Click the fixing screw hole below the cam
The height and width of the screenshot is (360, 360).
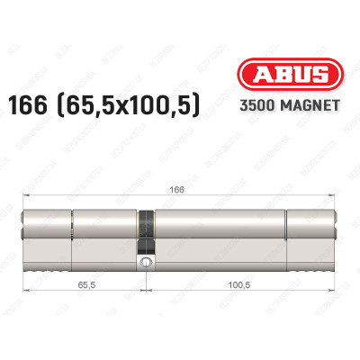point(144,263)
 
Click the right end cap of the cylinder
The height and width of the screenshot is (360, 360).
point(311,231)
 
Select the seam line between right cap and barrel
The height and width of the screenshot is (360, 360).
point(287,231)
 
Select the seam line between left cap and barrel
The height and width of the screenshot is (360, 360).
point(71,231)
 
